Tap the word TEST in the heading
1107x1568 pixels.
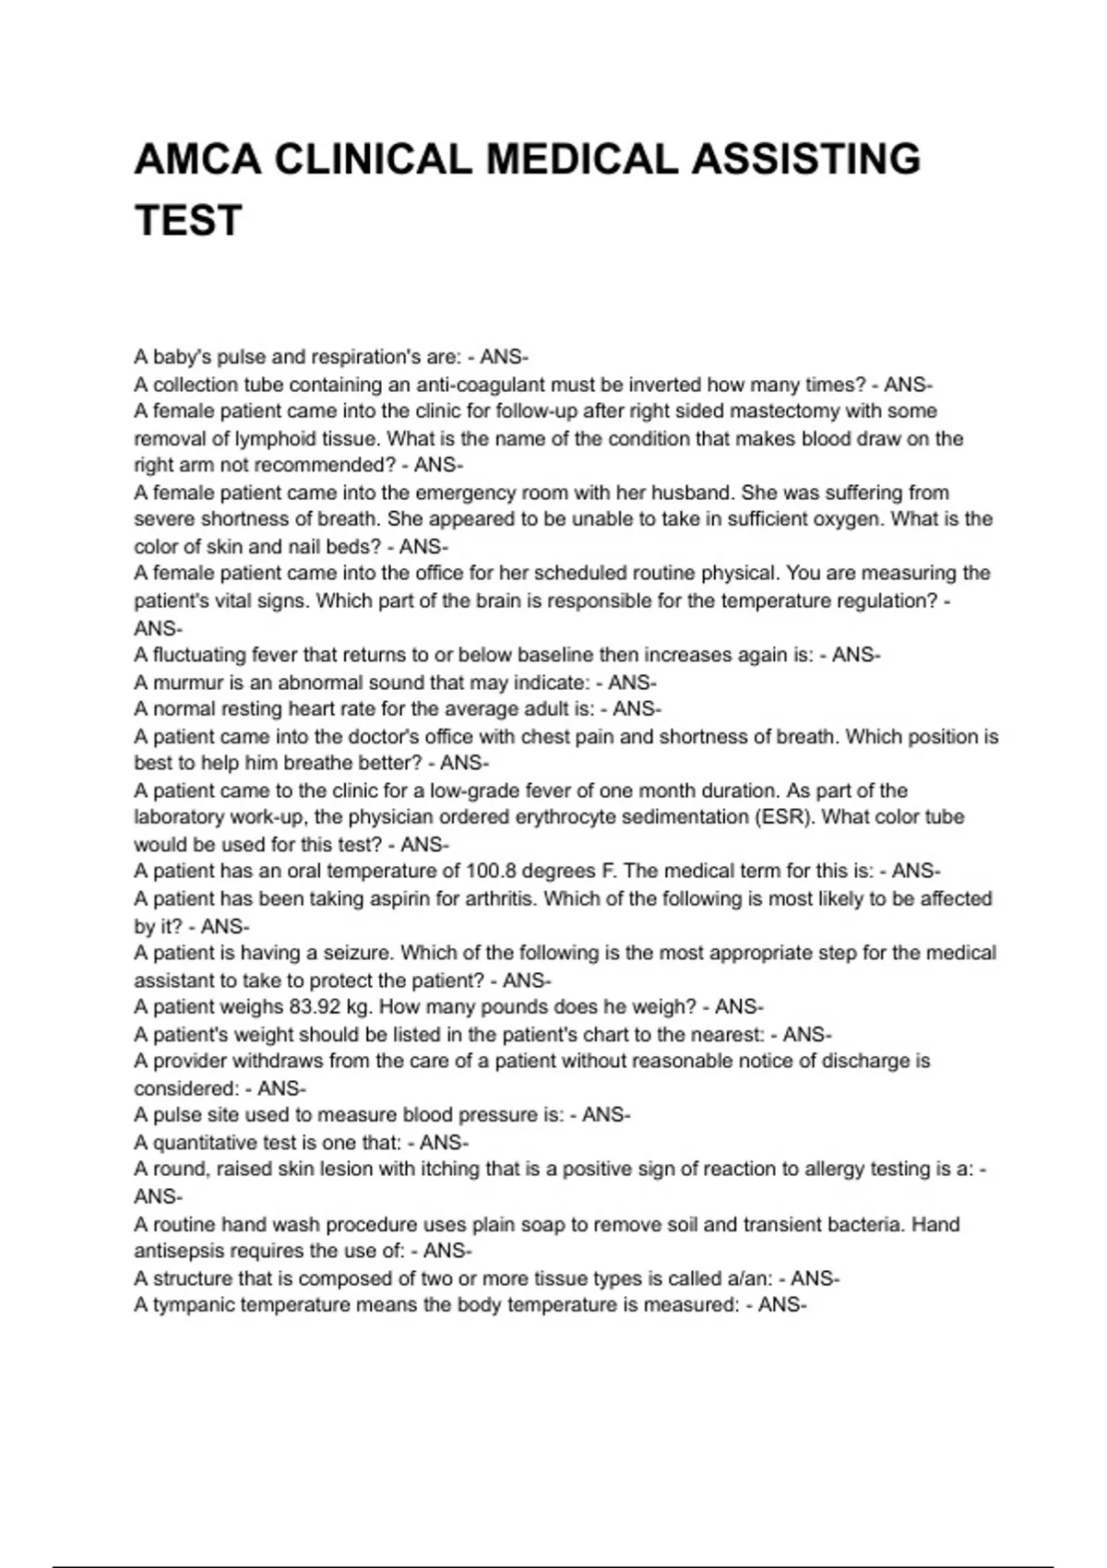point(188,221)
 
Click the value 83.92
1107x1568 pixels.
point(315,1006)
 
